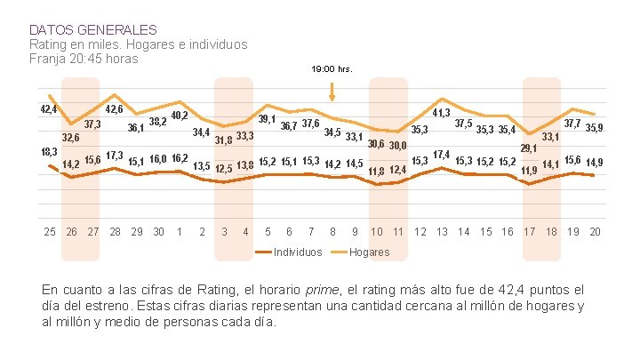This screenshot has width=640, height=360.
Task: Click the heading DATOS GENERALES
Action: [93, 29]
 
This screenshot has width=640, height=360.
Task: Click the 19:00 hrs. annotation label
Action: [332, 68]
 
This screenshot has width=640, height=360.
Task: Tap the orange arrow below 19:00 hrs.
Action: [332, 91]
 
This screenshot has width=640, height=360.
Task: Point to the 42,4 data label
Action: [48, 109]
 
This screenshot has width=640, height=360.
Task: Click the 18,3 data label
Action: [49, 152]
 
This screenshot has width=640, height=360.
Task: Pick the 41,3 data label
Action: [440, 114]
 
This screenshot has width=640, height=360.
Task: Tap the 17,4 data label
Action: [441, 156]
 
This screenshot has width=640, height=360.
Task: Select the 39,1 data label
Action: [266, 119]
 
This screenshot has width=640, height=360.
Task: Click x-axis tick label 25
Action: [50, 232]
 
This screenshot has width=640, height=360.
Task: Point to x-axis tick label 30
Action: [158, 232]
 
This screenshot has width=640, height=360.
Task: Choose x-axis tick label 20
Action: [595, 232]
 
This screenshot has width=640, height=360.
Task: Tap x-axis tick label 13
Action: [442, 232]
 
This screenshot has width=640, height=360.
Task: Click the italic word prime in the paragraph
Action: [320, 289]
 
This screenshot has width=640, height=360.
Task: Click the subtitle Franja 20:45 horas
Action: [84, 59]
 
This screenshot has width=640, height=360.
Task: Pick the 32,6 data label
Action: [70, 138]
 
